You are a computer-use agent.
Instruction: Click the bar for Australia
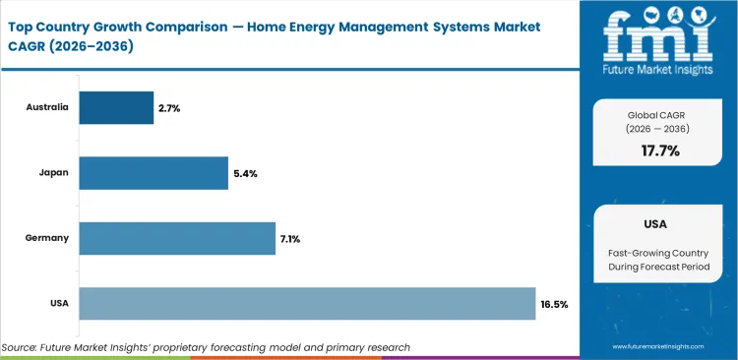click(x=116, y=107)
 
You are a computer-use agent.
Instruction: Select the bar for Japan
click(x=154, y=173)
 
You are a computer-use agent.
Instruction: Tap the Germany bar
click(x=177, y=238)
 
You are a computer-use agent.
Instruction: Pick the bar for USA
click(x=307, y=304)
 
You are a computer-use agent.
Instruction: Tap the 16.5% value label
click(x=554, y=304)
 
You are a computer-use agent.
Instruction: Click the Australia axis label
click(x=47, y=106)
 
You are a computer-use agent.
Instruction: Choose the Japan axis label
click(x=54, y=172)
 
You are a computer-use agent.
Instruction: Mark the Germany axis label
click(x=49, y=237)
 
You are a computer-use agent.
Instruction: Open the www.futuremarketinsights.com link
click(x=658, y=347)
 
